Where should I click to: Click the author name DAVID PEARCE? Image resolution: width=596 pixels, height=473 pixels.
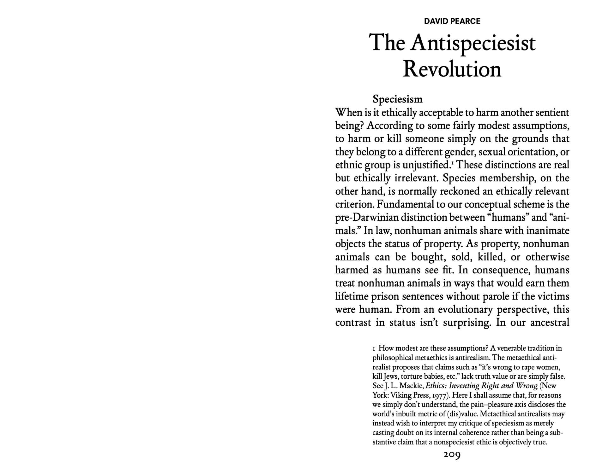(452, 21)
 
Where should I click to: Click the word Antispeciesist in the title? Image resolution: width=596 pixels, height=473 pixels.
(473, 43)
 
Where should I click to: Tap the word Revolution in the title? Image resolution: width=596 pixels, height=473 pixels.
(452, 69)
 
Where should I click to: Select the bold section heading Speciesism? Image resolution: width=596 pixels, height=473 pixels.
(397, 99)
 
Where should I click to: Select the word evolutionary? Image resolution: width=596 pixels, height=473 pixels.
(465, 309)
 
